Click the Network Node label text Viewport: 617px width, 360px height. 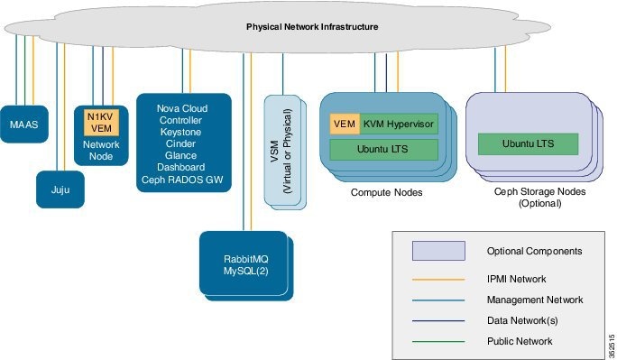tap(95, 150)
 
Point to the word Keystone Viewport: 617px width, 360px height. tap(180, 131)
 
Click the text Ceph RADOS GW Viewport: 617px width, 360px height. tap(180, 179)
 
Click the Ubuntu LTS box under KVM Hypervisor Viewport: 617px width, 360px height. tap(383, 148)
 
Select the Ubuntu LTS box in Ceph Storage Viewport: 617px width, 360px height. tap(527, 143)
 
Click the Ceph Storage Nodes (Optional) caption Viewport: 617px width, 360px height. tap(528, 198)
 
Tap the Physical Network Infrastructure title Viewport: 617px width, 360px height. tap(312, 27)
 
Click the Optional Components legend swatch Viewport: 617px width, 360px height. tap(437, 250)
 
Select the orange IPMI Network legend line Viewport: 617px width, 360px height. tap(437, 280)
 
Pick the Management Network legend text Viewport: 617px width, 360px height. tap(535, 300)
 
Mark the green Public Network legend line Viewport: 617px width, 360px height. tap(437, 341)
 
